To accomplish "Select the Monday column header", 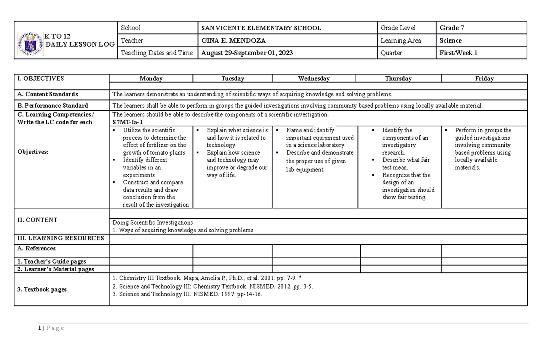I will pyautogui.click(x=151, y=78).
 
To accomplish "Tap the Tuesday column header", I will pyautogui.click(x=232, y=78).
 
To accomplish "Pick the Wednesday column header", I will pyautogui.click(x=313, y=78).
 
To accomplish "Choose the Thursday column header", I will pyautogui.click(x=398, y=78).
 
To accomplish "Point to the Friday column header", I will pyautogui.click(x=484, y=78).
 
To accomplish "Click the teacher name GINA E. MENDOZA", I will pyautogui.click(x=234, y=40).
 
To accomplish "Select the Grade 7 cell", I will pyautogui.click(x=452, y=28).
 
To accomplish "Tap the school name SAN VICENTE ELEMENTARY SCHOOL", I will pyautogui.click(x=261, y=28).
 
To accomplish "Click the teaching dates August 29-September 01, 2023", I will pyautogui.click(x=247, y=53).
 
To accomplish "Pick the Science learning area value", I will pyautogui.click(x=451, y=40).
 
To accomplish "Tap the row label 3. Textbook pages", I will pyautogui.click(x=42, y=289).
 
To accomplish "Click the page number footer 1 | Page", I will pyautogui.click(x=51, y=328).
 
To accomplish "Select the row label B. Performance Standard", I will pyautogui.click(x=52, y=105).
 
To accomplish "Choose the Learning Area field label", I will pyautogui.click(x=401, y=40).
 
